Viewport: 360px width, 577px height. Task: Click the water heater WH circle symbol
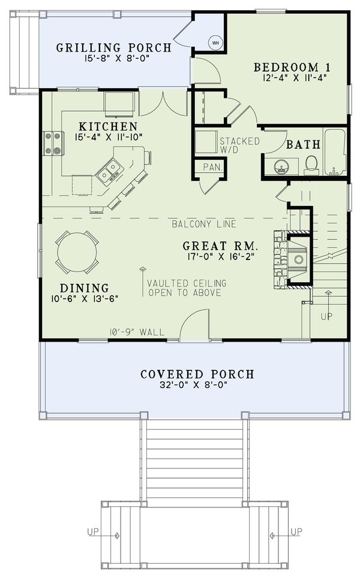215,43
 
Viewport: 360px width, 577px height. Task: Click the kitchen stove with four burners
52,143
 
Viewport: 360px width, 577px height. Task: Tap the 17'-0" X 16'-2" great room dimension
221,257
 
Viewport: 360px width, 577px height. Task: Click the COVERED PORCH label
197,374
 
